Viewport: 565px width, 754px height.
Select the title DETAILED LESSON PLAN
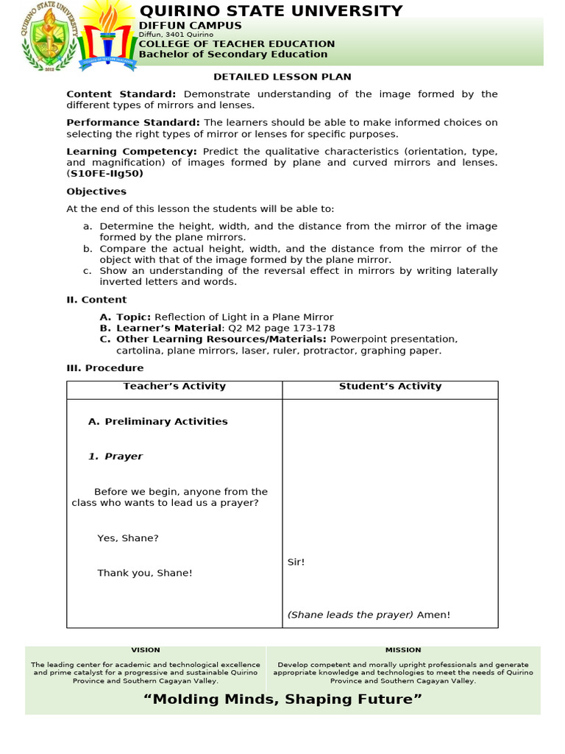(x=282, y=77)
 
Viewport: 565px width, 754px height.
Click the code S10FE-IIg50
(x=104, y=174)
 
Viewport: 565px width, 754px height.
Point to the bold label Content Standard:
(x=121, y=94)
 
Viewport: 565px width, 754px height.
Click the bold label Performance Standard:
(x=133, y=122)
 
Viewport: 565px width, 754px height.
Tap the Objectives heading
(x=96, y=191)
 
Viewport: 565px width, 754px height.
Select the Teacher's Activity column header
(x=174, y=386)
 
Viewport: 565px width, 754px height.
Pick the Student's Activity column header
(x=390, y=386)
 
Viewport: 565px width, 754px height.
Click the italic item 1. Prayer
(x=116, y=457)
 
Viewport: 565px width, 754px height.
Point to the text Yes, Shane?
(x=128, y=538)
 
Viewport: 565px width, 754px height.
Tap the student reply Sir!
(x=296, y=562)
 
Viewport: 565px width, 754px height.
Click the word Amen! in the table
(x=433, y=615)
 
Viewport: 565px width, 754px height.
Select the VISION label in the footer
(x=146, y=650)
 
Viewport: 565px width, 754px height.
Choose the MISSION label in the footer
(x=403, y=650)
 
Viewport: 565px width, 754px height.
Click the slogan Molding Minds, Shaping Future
(x=282, y=699)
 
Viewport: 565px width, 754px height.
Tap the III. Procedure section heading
(x=105, y=368)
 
